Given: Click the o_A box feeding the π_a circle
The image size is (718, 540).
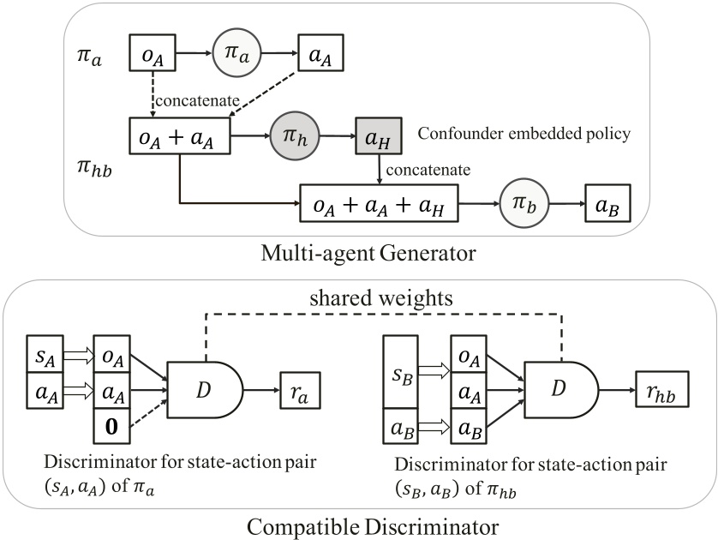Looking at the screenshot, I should (154, 53).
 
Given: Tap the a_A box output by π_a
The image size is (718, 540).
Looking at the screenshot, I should (320, 53).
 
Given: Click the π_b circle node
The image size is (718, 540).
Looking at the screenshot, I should (522, 204).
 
